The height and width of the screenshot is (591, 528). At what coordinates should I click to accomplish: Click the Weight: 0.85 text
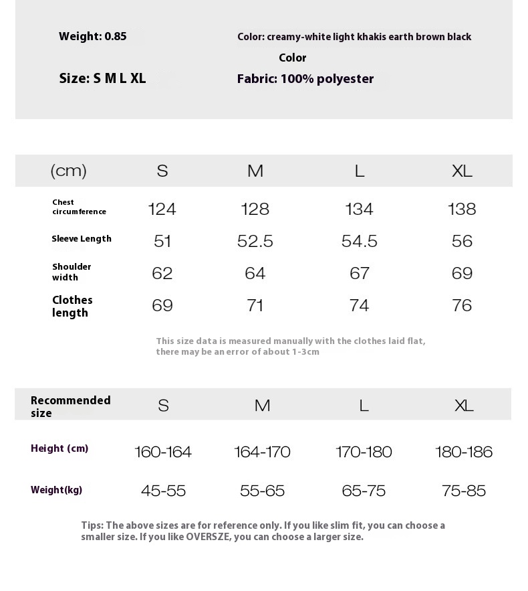[x=92, y=37]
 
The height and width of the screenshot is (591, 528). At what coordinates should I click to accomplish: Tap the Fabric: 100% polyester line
[x=305, y=79]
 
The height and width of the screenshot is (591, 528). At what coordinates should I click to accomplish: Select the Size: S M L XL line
[x=102, y=78]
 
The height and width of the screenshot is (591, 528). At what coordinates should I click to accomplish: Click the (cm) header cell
[x=68, y=171]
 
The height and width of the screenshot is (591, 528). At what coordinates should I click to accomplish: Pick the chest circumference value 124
[x=162, y=209]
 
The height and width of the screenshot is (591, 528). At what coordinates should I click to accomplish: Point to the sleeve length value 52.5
[x=255, y=241]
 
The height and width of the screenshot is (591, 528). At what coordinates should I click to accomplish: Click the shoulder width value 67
[x=359, y=273]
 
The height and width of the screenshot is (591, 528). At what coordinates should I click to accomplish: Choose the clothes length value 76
[x=462, y=305]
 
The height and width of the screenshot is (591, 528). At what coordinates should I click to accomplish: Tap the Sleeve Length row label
[x=82, y=239]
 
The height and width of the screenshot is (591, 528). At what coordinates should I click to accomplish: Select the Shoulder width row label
[x=72, y=272]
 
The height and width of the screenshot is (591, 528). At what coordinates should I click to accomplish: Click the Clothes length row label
[x=72, y=306]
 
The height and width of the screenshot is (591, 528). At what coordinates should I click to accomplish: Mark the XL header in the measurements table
[x=462, y=171]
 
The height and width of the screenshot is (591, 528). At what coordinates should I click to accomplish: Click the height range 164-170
[x=262, y=452]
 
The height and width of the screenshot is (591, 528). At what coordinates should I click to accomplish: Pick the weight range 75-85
[x=463, y=491]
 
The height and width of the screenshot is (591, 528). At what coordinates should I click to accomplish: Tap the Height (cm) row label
[x=59, y=448]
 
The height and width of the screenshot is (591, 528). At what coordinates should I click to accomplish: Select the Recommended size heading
[x=70, y=406]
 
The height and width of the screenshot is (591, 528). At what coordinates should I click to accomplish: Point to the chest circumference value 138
[x=462, y=209]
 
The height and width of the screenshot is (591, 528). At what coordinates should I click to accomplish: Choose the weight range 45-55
[x=163, y=491]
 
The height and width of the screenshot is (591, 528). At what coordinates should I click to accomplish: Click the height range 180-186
[x=463, y=452]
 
